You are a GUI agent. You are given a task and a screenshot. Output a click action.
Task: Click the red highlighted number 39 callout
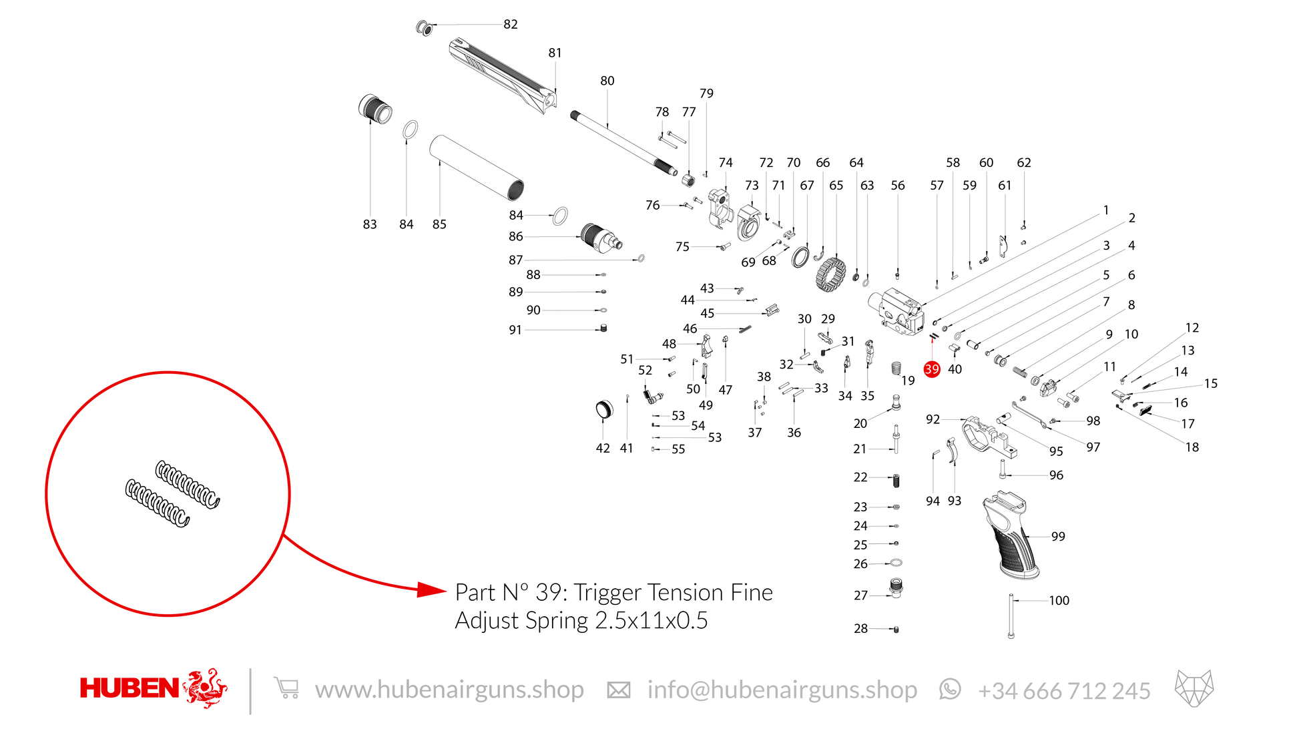pos(932,369)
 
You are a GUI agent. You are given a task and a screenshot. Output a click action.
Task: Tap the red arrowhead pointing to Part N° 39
pos(432,589)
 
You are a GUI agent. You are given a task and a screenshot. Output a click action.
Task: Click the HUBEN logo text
pos(129,688)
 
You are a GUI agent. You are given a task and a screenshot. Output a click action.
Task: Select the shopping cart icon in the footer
pos(286,688)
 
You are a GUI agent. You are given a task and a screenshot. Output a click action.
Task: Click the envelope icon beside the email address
pos(618,690)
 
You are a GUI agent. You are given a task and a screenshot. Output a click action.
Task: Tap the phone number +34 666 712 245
pos(1064,691)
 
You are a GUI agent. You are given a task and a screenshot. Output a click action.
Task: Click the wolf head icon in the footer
pos(1194,688)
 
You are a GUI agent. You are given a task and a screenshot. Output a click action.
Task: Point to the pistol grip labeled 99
pos(1011,535)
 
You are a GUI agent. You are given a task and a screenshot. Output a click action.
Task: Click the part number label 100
pos(1059,601)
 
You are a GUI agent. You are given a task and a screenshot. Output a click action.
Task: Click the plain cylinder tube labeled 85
pos(477,168)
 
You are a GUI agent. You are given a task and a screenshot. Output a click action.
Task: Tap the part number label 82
pos(511,25)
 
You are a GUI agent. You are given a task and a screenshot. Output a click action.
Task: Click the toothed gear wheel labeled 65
pos(831,274)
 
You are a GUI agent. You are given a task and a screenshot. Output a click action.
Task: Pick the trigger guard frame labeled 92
pos(990,436)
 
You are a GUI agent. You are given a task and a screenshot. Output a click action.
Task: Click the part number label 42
pos(603,449)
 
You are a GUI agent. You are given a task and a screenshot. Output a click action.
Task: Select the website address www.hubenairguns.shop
pos(449,690)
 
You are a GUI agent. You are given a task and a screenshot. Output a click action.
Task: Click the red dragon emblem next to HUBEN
pos(205,688)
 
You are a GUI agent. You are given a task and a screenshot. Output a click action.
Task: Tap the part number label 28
pos(860,629)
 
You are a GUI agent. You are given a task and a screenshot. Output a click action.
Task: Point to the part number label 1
pos(1106,210)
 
